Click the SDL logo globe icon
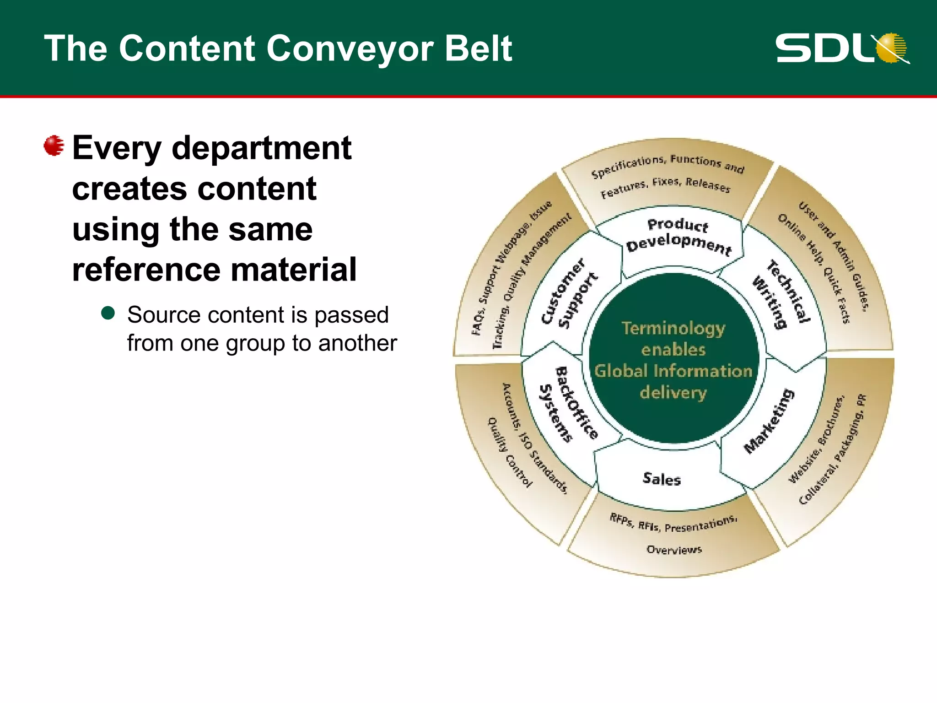[x=891, y=47]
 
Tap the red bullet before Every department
[x=54, y=146]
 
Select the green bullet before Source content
[x=108, y=313]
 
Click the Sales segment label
[x=662, y=479]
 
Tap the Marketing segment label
[x=769, y=421]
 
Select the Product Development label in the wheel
[x=679, y=235]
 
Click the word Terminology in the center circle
[x=673, y=328]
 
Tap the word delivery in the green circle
[x=673, y=392]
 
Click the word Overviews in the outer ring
[x=674, y=549]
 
